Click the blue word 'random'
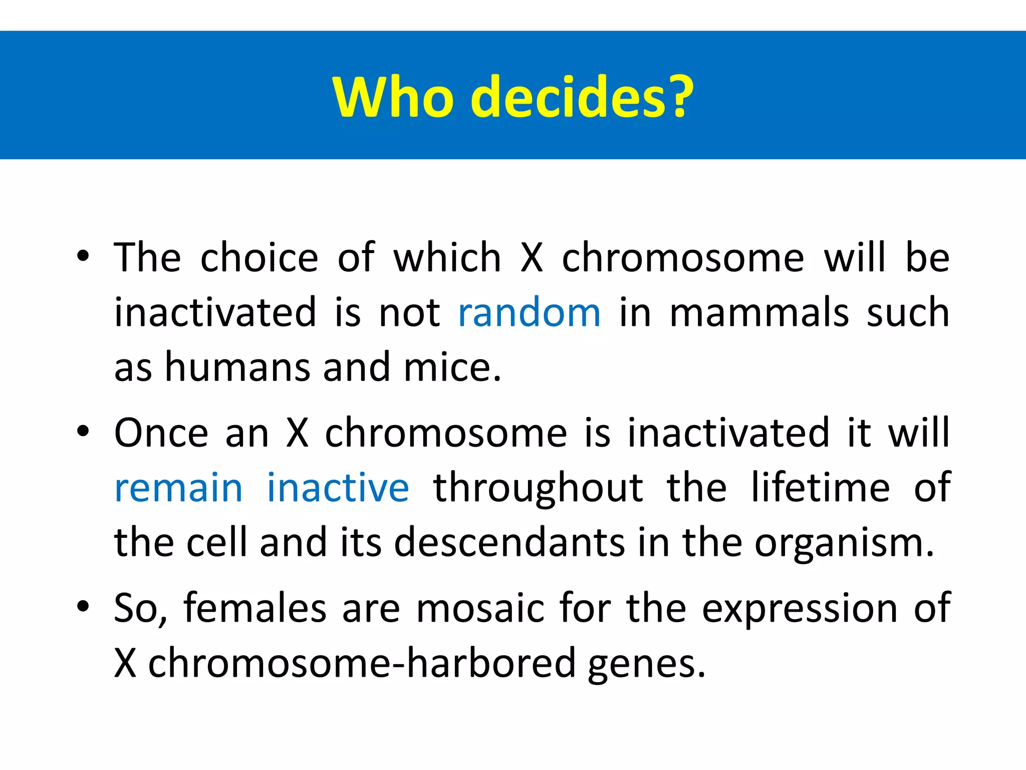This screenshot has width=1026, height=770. (x=529, y=312)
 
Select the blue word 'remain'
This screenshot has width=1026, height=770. (x=179, y=487)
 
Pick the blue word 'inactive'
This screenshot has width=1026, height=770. (x=338, y=487)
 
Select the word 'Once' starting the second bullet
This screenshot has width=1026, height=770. (x=161, y=433)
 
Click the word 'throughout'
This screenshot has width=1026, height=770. (x=538, y=488)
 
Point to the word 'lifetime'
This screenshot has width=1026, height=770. (x=820, y=487)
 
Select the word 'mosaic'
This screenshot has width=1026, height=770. (x=480, y=608)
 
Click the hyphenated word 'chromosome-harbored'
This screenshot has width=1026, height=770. (x=362, y=663)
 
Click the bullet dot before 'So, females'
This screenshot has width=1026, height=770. (x=83, y=607)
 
